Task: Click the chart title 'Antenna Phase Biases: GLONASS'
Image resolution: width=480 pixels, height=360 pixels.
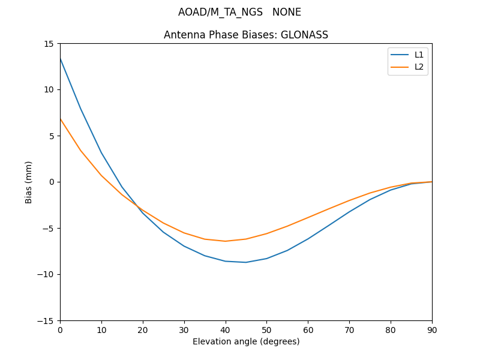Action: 246,35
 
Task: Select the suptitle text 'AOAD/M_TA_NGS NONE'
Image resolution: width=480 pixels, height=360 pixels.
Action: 239,12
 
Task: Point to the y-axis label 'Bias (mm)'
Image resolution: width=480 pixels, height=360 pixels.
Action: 29,182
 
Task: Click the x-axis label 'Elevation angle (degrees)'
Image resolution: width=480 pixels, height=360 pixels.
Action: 246,342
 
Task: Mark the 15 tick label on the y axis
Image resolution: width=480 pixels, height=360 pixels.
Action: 48,44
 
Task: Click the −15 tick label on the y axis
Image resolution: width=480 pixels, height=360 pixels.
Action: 46,321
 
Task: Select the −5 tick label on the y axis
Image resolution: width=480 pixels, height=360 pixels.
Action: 48,229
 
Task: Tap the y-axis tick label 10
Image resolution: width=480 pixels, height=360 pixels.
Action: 48,90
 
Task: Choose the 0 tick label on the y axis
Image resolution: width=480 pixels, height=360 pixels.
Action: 52,182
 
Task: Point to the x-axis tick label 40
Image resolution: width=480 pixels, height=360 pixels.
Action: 226,330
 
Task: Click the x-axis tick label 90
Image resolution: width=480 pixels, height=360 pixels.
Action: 432,330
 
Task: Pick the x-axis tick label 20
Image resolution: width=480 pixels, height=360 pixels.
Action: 143,330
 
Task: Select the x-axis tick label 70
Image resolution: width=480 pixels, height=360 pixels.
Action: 349,330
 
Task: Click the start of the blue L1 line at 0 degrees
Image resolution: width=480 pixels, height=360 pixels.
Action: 60,59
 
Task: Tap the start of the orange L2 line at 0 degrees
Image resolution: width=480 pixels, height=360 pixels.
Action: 60,119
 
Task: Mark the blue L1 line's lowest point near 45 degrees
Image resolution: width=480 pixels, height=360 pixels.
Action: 246,262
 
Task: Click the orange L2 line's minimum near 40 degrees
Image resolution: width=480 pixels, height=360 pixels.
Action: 226,241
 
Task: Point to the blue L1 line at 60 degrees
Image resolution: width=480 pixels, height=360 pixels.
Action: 308,239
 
